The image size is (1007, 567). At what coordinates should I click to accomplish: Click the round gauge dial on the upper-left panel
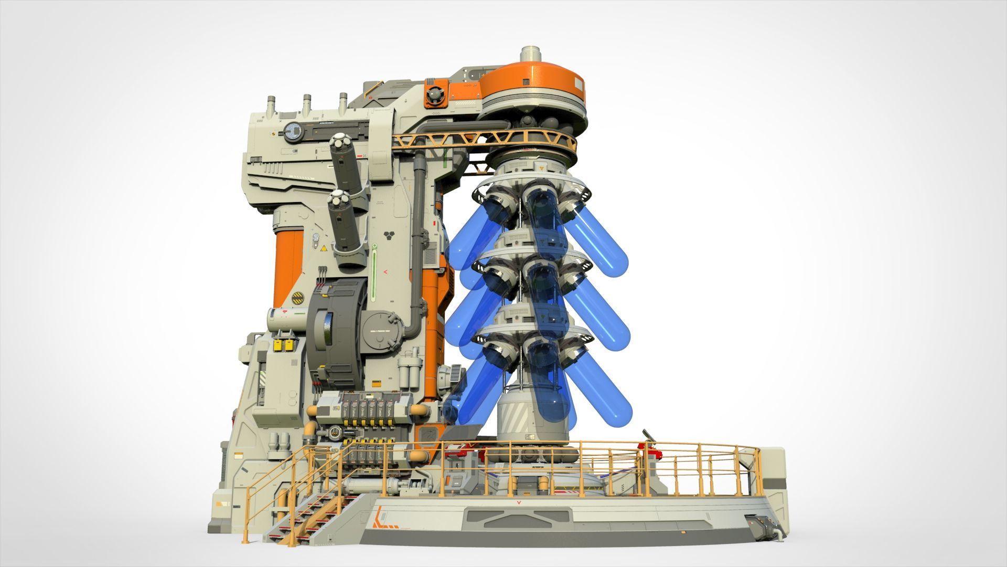tap(293, 131)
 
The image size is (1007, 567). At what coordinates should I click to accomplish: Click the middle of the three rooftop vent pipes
tap(306, 103)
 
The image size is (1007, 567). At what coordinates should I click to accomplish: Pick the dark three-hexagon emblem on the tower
tap(390, 234)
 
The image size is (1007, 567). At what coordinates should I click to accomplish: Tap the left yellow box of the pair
tap(277, 345)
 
